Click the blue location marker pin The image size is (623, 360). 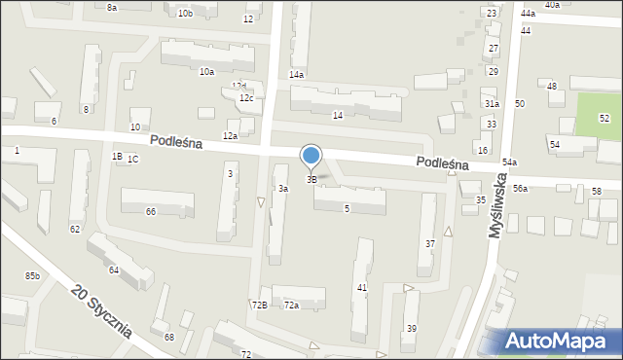click(x=311, y=156)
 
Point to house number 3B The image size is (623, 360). click(x=311, y=179)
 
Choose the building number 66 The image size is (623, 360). click(x=150, y=211)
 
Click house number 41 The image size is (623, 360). click(x=361, y=287)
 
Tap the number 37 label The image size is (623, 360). click(x=429, y=242)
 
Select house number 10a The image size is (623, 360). click(x=206, y=71)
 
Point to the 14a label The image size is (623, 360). click(x=296, y=74)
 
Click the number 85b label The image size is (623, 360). click(x=33, y=276)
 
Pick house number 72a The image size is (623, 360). click(x=291, y=305)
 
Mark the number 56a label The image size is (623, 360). click(x=521, y=188)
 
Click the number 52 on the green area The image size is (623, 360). click(x=604, y=118)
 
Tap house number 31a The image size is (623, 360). click(x=492, y=104)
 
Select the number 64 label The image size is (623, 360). click(x=114, y=270)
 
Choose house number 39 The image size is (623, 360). click(x=411, y=328)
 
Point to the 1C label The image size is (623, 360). click(x=132, y=159)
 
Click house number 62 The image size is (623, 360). click(x=75, y=229)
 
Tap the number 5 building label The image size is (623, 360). click(x=347, y=208)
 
